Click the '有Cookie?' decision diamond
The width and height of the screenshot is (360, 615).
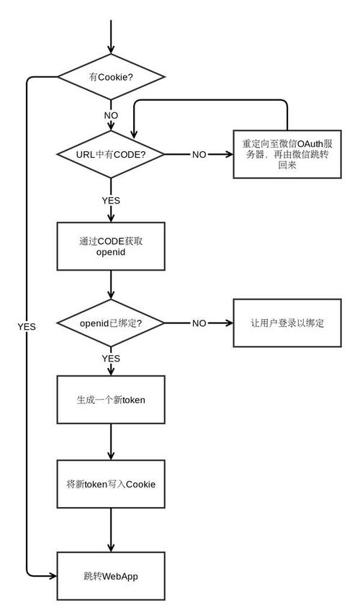(111, 76)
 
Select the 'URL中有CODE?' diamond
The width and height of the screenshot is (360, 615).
(111, 155)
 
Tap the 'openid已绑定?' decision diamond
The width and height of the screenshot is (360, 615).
(111, 323)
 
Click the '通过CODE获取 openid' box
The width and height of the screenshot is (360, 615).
(111, 246)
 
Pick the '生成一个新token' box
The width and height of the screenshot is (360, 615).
(111, 400)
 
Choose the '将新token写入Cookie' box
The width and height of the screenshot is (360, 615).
(111, 484)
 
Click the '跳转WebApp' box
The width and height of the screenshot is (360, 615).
(111, 576)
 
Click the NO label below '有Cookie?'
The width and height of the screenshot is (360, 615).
(111, 115)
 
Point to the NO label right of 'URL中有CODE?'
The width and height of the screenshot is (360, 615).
(199, 155)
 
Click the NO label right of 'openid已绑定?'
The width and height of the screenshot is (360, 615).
(199, 323)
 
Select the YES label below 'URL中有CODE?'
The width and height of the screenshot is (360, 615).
(111, 200)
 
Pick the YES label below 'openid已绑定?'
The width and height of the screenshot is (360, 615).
(111, 358)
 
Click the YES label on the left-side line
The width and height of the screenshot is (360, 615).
(27, 326)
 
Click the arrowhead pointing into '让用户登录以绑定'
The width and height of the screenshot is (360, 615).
(229, 323)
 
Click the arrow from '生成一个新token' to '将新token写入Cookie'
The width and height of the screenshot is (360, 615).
(111, 442)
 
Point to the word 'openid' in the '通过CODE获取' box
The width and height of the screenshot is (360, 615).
(111, 253)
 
